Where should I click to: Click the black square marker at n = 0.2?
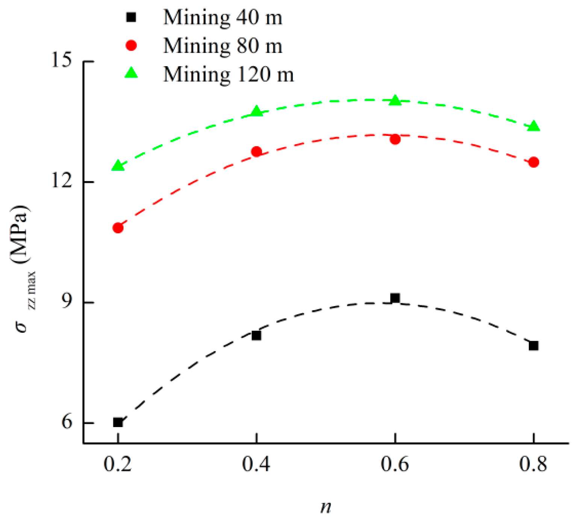(118, 422)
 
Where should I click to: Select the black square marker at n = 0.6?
(395, 298)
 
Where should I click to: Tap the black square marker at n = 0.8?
(533, 345)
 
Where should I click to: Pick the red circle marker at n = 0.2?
(118, 228)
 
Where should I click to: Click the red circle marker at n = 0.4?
(256, 152)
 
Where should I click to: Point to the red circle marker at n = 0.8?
(534, 162)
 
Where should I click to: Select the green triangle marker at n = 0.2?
(118, 166)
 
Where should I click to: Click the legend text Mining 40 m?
(222, 18)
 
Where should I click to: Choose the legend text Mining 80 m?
(222, 46)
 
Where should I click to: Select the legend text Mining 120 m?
(228, 74)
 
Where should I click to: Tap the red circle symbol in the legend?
(131, 46)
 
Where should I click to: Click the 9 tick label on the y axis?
(67, 302)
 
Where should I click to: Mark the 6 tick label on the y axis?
(67, 422)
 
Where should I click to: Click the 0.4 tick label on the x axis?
(256, 465)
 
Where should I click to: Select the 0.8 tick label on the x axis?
(533, 465)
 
